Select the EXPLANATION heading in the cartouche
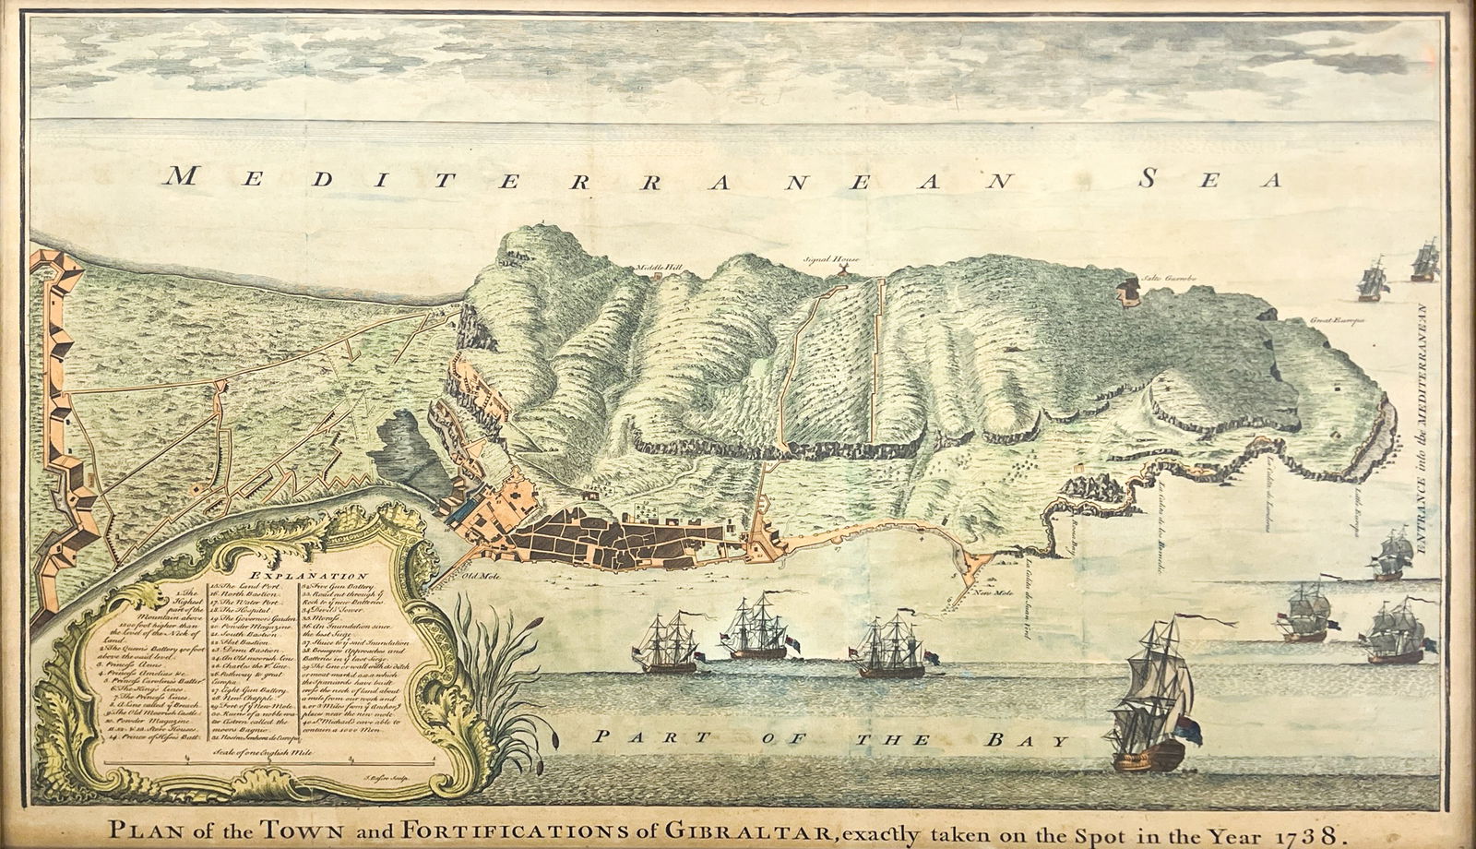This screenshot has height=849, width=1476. coord(281,575)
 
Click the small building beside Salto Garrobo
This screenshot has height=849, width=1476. coord(1125,292)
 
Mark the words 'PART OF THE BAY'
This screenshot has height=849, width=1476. coord(830,738)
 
